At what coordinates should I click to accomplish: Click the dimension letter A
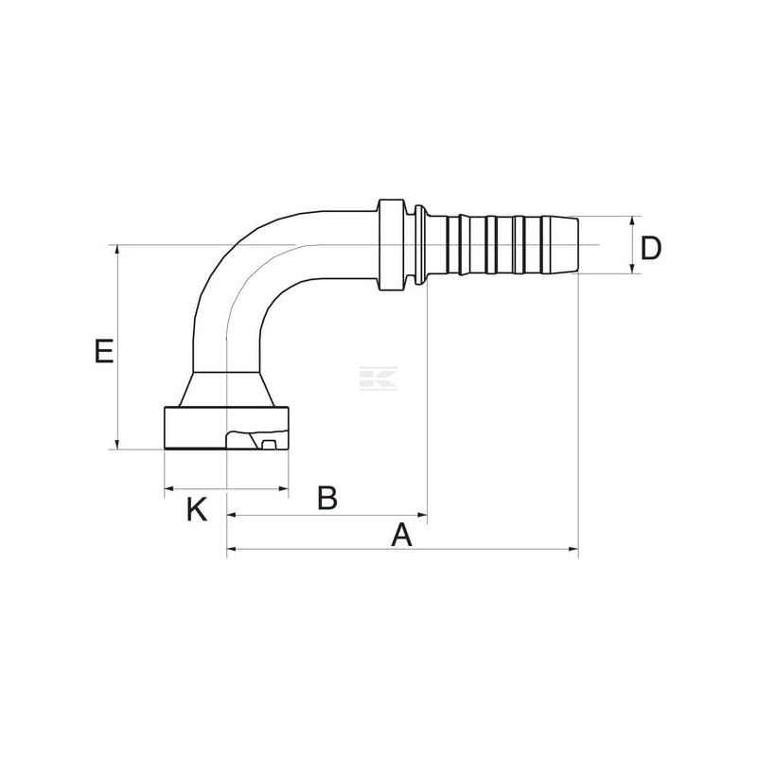[401, 535]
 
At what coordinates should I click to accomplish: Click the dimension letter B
[327, 498]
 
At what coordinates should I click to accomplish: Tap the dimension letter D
[650, 249]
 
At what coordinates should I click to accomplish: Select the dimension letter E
[104, 351]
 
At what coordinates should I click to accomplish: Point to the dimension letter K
[197, 509]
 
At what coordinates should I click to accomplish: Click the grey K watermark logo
[378, 378]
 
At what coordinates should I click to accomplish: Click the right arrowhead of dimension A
[573, 549]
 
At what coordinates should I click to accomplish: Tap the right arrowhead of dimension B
[422, 515]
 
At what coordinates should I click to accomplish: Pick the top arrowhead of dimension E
[117, 250]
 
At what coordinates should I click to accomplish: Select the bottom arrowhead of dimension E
[117, 444]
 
